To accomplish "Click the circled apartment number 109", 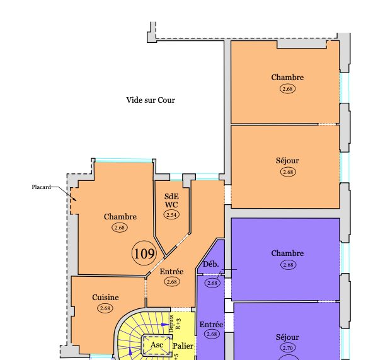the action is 144,253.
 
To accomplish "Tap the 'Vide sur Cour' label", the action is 151,100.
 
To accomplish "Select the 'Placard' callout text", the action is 41,187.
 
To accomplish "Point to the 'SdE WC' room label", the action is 171,200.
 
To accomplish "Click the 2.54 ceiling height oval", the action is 171,214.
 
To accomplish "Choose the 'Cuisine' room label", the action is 105,297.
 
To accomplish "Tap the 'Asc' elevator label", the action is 156,345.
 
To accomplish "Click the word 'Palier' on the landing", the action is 183,346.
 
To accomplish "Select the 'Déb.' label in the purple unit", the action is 210,264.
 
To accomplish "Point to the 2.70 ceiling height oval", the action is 288,347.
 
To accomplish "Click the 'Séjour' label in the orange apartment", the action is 287,161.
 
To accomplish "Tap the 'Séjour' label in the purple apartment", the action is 287,337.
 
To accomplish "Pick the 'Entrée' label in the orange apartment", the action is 171,272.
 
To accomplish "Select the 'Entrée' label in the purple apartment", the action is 211,325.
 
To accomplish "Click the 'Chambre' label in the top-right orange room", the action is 287,77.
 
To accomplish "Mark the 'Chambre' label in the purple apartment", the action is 287,253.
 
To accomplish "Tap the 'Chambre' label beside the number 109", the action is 120,217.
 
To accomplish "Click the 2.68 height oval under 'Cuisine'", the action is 105,308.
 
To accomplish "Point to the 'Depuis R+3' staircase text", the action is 175,324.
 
